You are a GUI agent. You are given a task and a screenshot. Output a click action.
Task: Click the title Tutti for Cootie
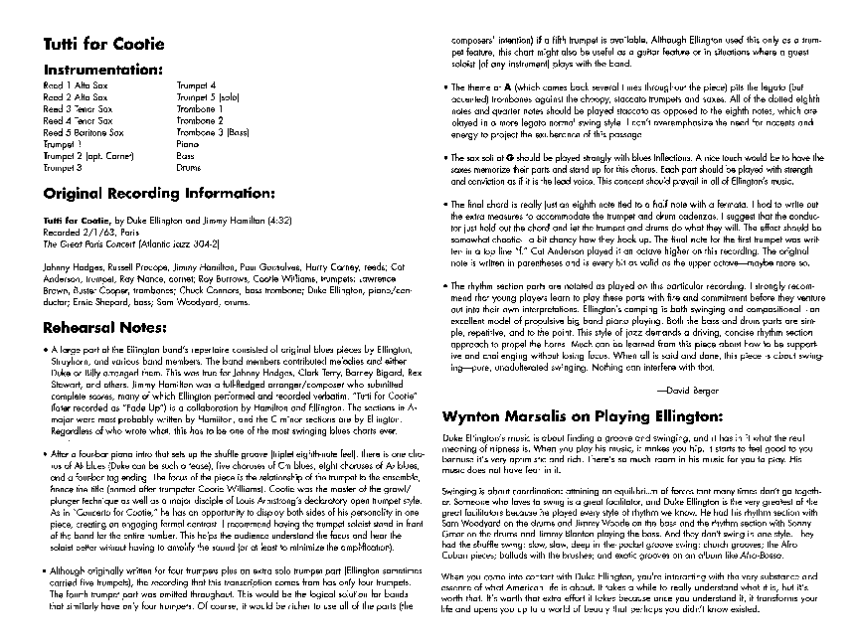coord(103,45)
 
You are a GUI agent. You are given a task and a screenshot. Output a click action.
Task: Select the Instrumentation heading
coord(101,70)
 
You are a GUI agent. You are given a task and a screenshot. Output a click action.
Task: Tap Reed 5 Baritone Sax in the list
coord(83,131)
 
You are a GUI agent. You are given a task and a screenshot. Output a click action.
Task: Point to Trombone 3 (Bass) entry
coord(212,131)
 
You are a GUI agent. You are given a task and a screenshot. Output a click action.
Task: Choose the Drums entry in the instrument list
coord(189,168)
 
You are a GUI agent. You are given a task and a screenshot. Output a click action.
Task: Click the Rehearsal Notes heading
coord(104,327)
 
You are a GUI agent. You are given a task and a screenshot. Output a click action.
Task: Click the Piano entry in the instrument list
coord(188,143)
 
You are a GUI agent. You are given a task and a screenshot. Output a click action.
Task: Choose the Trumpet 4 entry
coord(196,85)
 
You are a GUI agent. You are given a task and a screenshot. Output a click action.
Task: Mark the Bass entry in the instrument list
coord(186,156)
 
